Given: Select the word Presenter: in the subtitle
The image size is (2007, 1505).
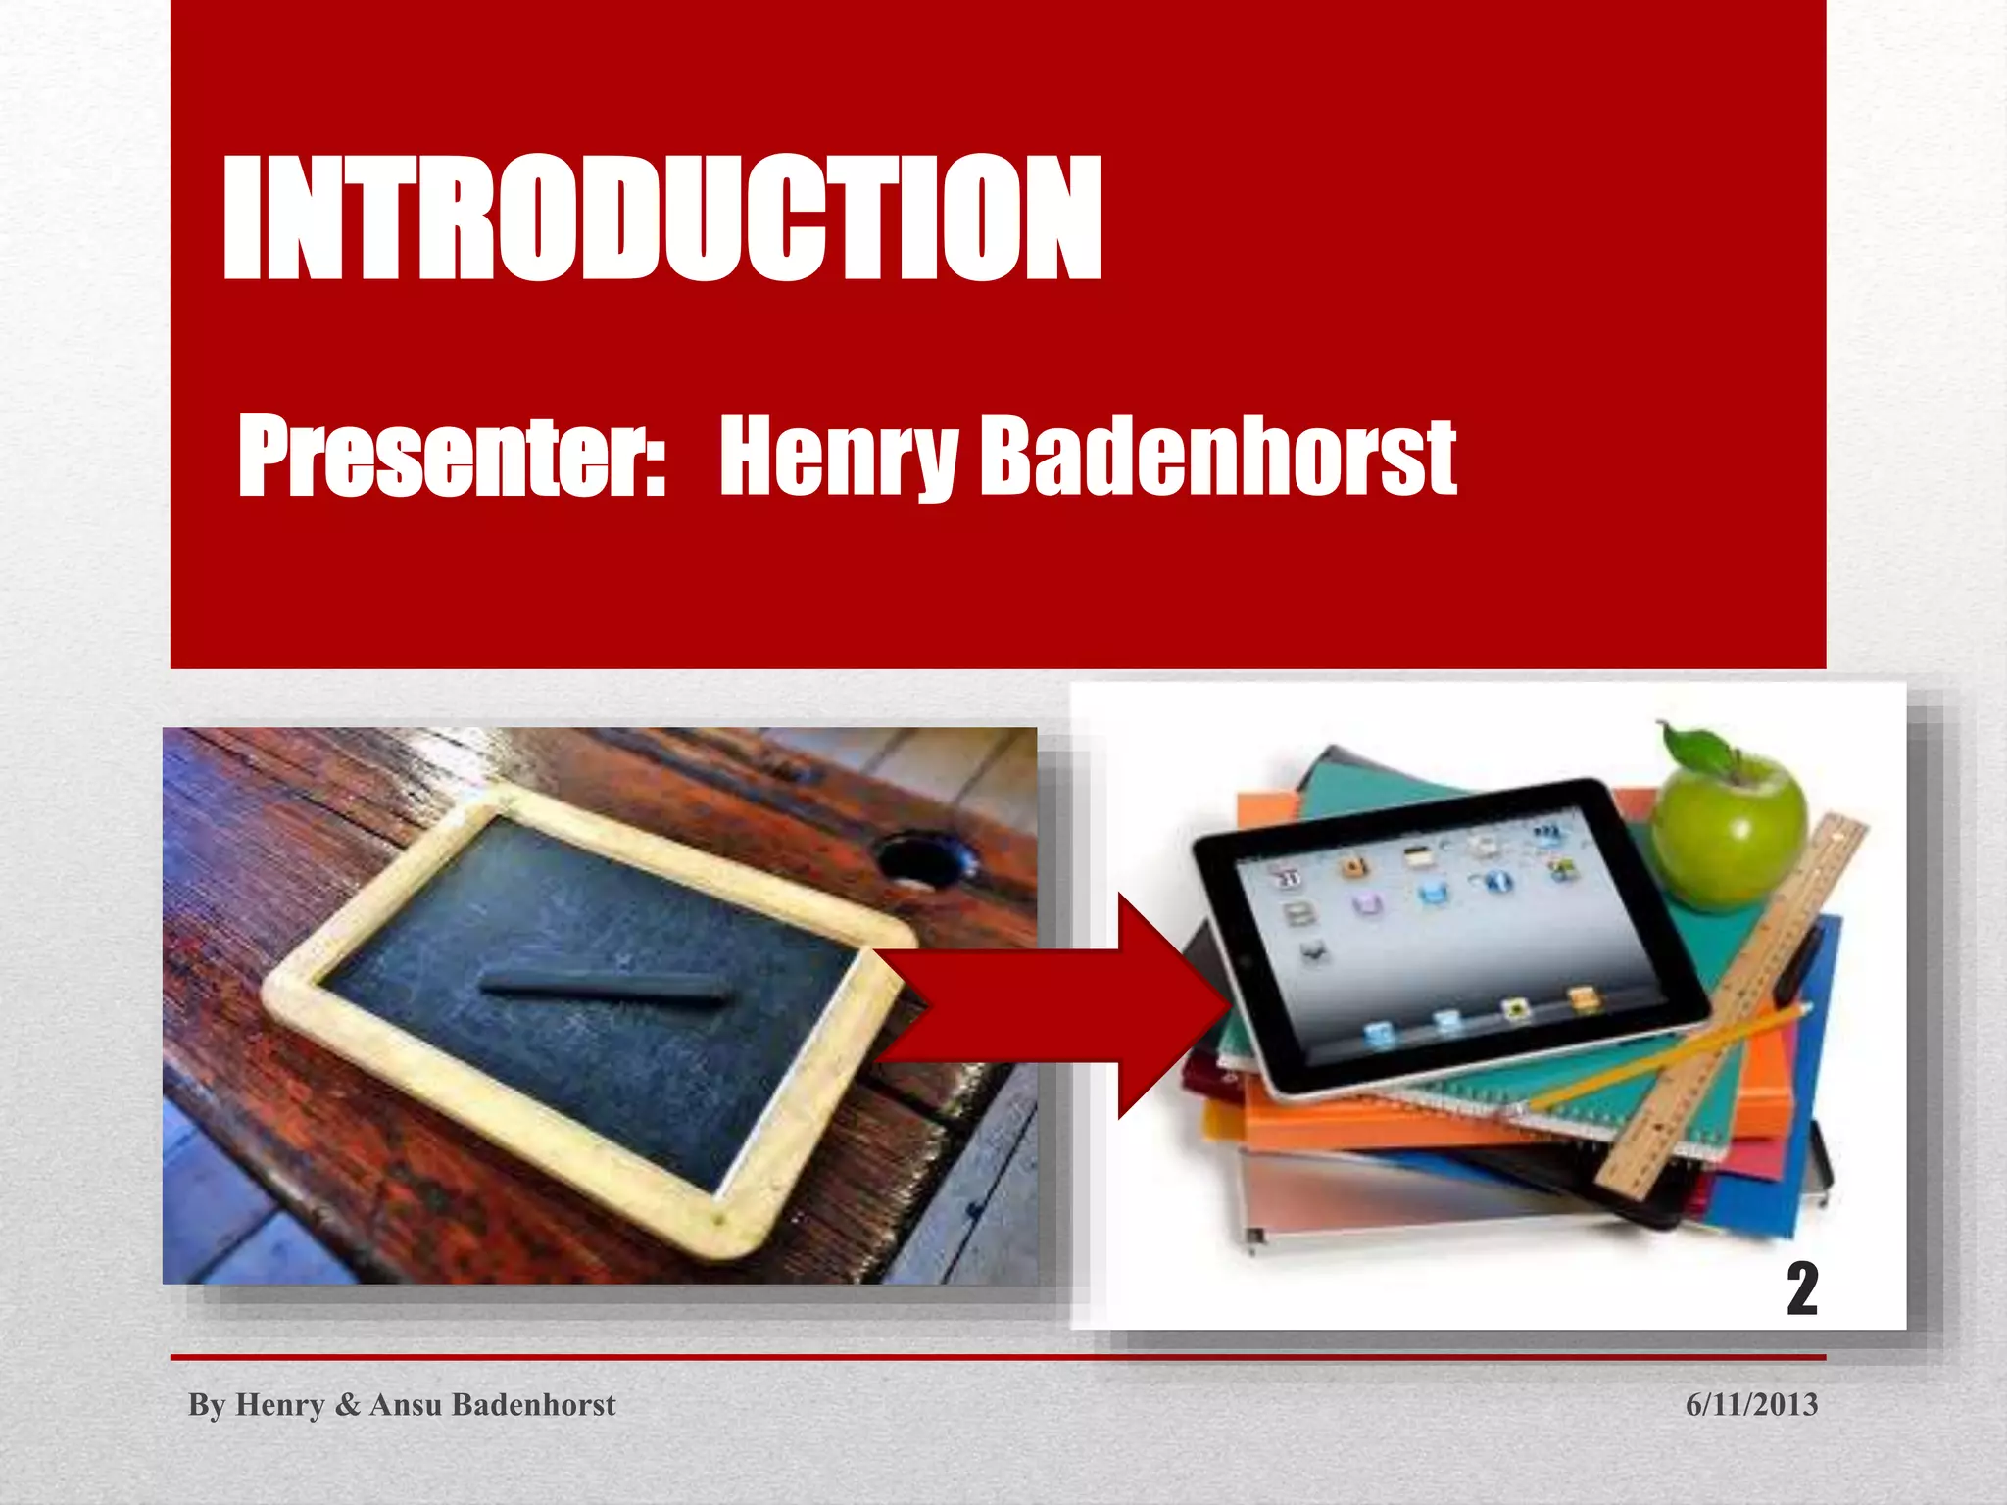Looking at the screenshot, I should pyautogui.click(x=452, y=456).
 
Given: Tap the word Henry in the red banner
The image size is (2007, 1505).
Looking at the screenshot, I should pyautogui.click(x=838, y=456).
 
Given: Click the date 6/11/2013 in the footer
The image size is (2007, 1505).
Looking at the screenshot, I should pyautogui.click(x=1751, y=1404).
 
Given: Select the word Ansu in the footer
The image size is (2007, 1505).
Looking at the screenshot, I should pyautogui.click(x=405, y=1404).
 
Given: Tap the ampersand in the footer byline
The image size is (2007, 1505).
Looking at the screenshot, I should pyautogui.click(x=347, y=1405).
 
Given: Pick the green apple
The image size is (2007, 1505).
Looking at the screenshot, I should pyautogui.click(x=1730, y=833).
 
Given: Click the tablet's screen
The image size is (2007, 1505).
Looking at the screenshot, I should pyautogui.click(x=1450, y=931).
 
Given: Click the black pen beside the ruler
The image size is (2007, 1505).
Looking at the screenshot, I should pyautogui.click(x=1795, y=964).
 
